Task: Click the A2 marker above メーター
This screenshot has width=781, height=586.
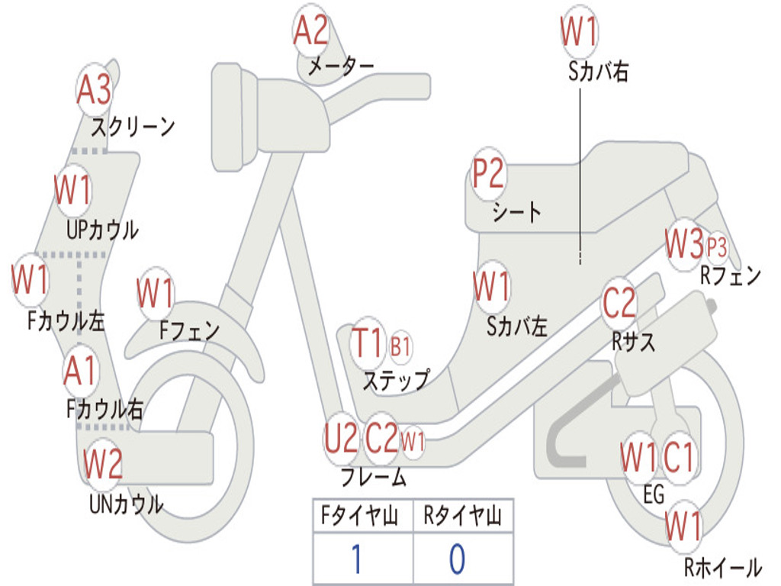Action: point(311,31)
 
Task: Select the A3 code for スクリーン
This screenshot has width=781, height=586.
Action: point(95,91)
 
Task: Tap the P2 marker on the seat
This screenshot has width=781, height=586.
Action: point(488,175)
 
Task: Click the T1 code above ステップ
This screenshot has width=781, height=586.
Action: point(369,343)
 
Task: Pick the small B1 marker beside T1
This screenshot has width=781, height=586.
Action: point(400,346)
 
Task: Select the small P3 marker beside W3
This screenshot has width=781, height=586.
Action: point(716,247)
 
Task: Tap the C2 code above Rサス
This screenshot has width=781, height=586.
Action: point(619,304)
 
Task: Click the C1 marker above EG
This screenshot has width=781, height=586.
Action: point(678,458)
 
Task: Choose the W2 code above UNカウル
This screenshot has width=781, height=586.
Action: point(103,462)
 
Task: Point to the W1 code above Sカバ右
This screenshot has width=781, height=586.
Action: point(579,32)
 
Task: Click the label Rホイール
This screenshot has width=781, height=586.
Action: point(722,567)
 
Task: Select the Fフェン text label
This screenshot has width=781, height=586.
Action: point(189,330)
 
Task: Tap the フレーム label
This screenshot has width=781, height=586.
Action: point(374,478)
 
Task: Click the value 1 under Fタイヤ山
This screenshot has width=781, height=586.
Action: point(356,559)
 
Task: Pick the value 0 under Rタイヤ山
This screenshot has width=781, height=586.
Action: point(457,559)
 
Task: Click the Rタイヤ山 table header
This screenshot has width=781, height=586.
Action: point(462,518)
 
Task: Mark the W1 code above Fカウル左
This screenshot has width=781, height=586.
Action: point(31,280)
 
